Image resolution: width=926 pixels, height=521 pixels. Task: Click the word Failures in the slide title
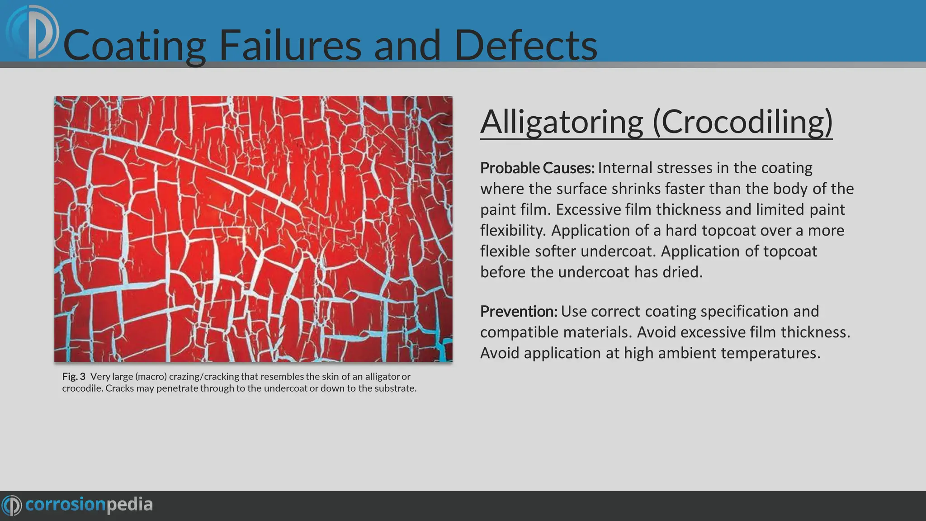(x=290, y=45)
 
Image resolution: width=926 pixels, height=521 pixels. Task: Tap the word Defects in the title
(x=525, y=45)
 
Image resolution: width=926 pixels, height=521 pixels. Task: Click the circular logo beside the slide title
(x=33, y=33)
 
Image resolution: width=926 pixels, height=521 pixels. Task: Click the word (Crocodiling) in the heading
(x=743, y=122)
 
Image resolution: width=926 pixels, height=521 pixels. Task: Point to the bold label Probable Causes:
(x=537, y=168)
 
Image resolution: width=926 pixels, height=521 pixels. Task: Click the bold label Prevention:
(x=519, y=312)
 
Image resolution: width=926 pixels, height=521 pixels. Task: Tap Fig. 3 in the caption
(x=74, y=376)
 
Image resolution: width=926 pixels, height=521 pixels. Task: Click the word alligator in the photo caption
(x=382, y=376)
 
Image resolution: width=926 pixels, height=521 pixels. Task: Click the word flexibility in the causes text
(x=513, y=231)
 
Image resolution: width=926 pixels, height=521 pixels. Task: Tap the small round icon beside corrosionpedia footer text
(x=12, y=505)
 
